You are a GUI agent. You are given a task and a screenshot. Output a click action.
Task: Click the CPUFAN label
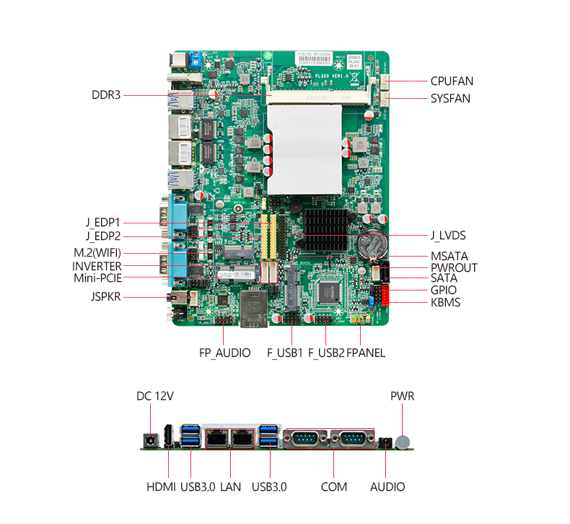point(452,81)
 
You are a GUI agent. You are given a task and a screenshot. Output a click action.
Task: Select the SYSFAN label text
point(450,98)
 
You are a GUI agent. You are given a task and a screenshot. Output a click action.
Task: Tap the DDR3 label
point(106,94)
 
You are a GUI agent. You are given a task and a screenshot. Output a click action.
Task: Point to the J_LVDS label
point(448,235)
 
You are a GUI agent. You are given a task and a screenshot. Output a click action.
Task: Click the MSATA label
point(450,256)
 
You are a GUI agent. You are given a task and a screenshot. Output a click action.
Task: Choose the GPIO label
point(444,290)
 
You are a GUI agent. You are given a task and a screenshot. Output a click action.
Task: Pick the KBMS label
point(445,302)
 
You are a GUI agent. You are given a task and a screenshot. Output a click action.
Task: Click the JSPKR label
point(105,296)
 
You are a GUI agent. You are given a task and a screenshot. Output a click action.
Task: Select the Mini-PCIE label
point(97,277)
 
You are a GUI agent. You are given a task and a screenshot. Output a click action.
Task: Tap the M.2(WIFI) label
point(97,252)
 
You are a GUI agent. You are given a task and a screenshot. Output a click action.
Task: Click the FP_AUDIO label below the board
point(225,353)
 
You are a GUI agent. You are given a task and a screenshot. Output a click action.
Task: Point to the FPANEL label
point(366,353)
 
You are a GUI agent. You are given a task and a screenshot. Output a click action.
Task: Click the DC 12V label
point(155,396)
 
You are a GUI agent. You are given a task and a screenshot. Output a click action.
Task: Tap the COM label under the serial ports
point(334,487)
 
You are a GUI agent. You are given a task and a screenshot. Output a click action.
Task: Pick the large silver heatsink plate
point(303,148)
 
